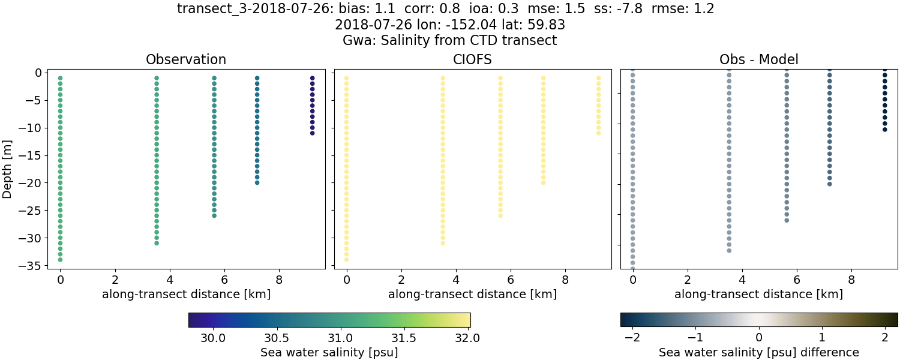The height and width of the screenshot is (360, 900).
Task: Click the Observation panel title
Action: [186, 60]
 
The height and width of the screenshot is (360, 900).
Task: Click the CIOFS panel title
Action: [472, 60]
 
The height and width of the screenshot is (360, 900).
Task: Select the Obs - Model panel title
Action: [758, 60]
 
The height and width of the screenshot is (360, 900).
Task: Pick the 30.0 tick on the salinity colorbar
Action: [213, 337]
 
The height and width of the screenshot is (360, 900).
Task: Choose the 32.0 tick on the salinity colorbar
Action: [467, 337]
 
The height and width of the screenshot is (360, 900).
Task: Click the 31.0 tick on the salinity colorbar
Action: [340, 337]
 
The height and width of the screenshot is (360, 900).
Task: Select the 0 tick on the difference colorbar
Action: [759, 337]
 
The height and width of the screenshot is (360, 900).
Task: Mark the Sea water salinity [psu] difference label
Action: [759, 352]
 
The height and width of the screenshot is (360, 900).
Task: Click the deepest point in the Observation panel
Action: [60, 260]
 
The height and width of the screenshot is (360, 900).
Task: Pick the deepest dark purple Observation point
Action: [312, 133]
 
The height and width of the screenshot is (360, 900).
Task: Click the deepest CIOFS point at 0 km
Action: [346, 260]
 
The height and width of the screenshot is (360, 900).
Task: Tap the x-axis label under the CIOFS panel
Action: [472, 295]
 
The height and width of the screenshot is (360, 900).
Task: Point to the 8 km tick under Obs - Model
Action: [851, 279]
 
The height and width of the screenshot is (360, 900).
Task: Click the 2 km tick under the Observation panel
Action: [115, 279]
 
